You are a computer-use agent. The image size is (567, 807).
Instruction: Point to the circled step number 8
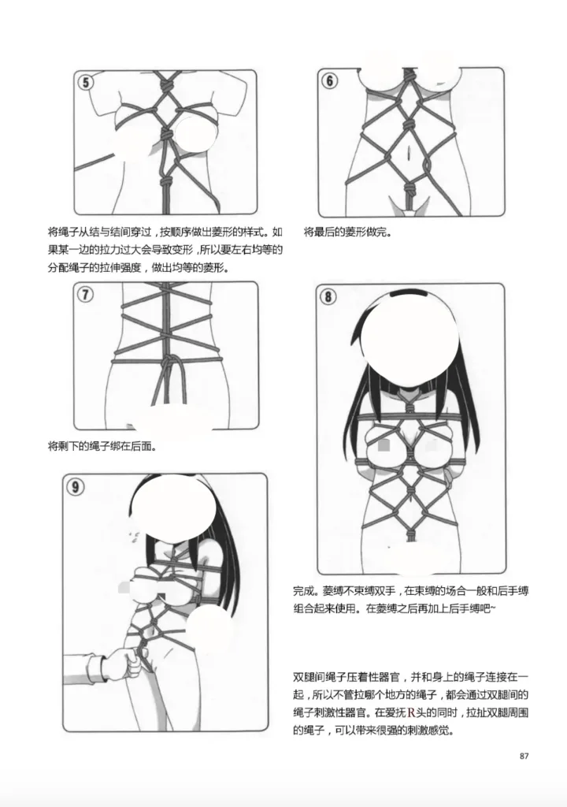click(328, 296)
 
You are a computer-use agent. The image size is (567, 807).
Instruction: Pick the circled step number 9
click(76, 487)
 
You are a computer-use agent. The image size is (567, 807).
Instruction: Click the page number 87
click(527, 757)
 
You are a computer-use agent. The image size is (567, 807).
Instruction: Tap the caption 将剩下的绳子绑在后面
click(102, 446)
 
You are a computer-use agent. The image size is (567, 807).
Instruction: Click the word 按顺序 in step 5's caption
click(175, 233)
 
